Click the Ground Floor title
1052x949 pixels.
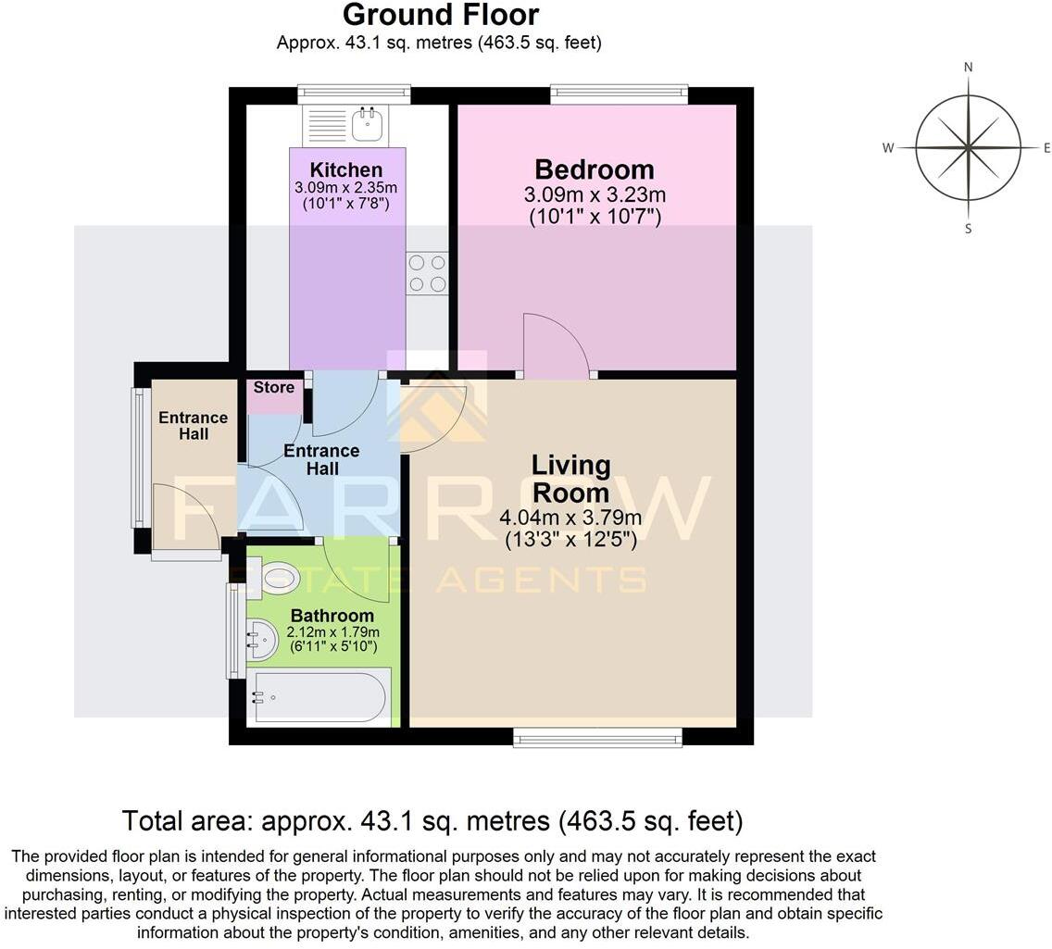(440, 16)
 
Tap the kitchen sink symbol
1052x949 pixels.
(368, 120)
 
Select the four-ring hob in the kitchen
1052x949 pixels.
(427, 273)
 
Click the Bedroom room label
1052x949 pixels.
(595, 169)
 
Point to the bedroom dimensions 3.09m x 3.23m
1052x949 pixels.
(595, 195)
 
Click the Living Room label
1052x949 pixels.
(570, 478)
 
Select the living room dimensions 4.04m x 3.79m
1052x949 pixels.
(570, 518)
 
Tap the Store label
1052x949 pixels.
(273, 388)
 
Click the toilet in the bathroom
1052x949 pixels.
(274, 580)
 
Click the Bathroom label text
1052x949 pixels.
(332, 616)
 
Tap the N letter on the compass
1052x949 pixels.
(968, 67)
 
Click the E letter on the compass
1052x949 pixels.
(1046, 148)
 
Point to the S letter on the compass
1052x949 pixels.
(968, 229)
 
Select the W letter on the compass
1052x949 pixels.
(887, 148)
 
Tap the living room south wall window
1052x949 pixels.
(597, 737)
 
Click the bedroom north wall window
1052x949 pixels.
(619, 94)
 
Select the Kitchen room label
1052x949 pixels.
(345, 170)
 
